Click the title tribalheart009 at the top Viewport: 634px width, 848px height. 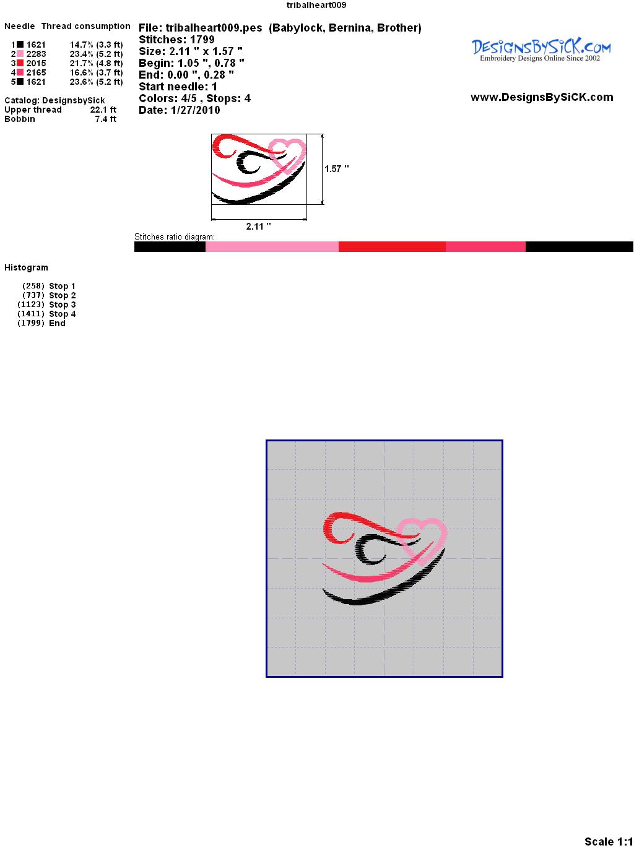[x=316, y=5]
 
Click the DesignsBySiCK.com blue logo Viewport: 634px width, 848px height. [x=541, y=50]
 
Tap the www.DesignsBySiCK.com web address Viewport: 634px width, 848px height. [x=542, y=97]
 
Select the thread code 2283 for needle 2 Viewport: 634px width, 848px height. [x=36, y=54]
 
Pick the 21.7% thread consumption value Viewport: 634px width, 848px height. [x=81, y=63]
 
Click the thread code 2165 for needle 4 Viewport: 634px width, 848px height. [x=36, y=72]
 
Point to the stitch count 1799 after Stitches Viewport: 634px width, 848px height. [x=202, y=40]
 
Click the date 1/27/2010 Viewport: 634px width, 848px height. [x=195, y=110]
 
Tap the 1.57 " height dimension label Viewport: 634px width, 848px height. [x=336, y=169]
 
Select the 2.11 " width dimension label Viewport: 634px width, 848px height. [x=258, y=227]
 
